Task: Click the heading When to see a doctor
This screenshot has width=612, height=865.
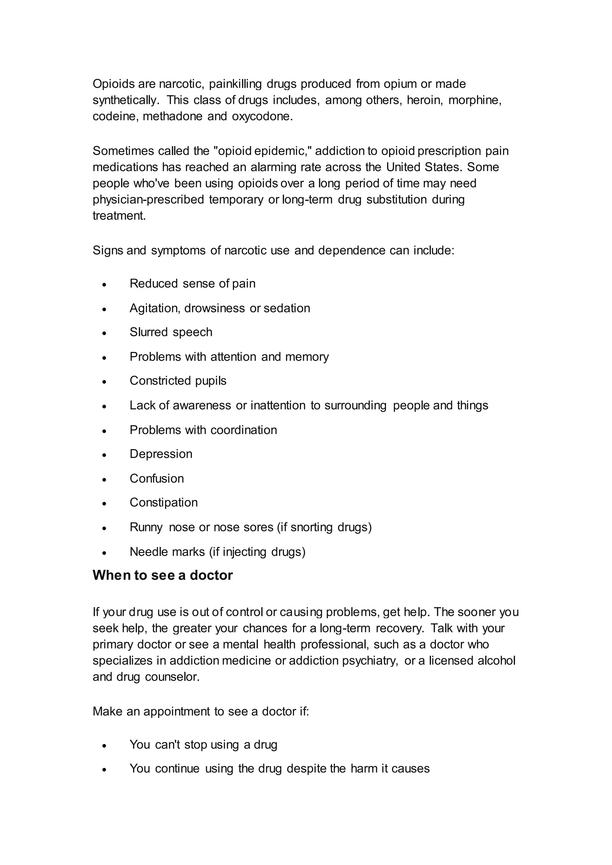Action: (x=163, y=575)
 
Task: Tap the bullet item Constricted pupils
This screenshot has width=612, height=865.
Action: (x=178, y=381)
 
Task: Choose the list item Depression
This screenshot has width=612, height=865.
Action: (x=161, y=454)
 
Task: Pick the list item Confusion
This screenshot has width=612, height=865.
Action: (x=157, y=478)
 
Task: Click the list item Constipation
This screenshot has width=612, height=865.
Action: (x=163, y=503)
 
